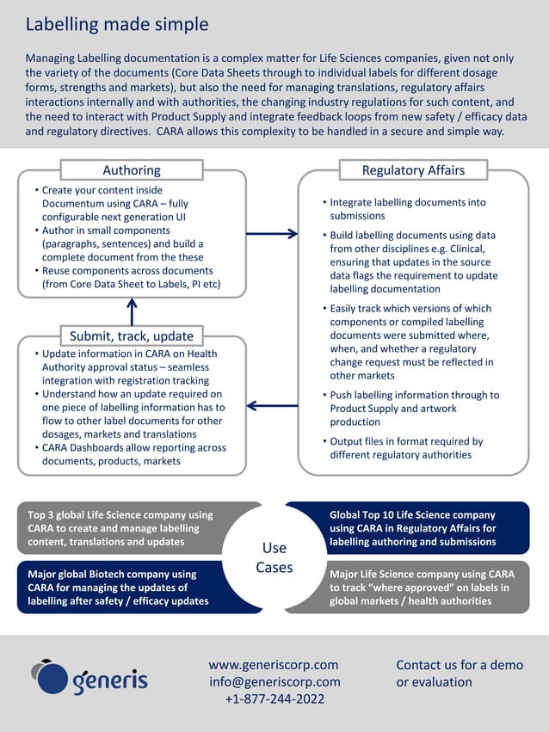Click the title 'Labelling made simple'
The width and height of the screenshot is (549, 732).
point(117,24)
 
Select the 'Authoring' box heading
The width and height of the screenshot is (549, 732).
point(132,170)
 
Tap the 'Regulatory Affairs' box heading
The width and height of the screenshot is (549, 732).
point(413,170)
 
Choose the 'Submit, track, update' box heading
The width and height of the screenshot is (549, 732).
point(132,335)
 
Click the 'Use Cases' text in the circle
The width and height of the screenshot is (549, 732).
point(274,557)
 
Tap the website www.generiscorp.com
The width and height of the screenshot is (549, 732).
point(274,665)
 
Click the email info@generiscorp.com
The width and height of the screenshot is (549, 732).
point(274,682)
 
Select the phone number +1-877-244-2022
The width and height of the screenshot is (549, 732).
point(274,699)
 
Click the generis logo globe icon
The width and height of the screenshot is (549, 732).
point(50,677)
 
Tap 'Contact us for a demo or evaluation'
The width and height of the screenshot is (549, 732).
point(460,674)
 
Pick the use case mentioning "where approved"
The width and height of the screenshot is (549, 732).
point(422,587)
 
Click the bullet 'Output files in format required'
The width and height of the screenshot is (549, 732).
point(406,448)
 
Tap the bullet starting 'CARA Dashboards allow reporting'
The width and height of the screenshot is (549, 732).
point(133,454)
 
